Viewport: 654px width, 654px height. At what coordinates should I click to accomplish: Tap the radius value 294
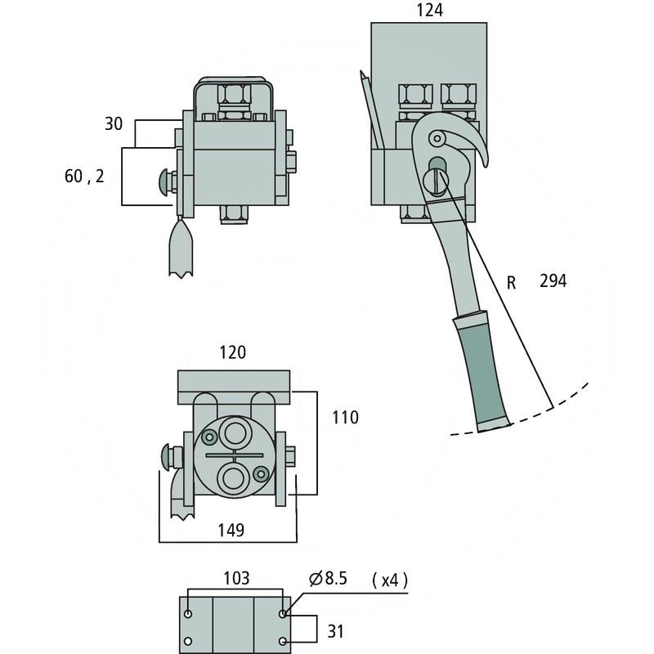(553, 281)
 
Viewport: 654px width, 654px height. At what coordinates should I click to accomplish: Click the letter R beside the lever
(512, 283)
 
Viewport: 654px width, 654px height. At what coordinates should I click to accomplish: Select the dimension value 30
(114, 123)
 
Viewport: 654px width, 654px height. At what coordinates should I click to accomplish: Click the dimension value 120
(233, 352)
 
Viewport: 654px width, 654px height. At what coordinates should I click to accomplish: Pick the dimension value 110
(344, 418)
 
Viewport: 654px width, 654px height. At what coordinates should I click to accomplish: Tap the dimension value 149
(231, 530)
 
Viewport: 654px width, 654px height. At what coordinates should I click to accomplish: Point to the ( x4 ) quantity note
(388, 580)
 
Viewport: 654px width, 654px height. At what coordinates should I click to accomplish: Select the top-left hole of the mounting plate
(190, 613)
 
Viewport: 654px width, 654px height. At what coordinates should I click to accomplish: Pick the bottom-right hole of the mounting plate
(284, 640)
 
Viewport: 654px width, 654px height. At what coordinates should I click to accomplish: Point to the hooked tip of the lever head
(484, 157)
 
